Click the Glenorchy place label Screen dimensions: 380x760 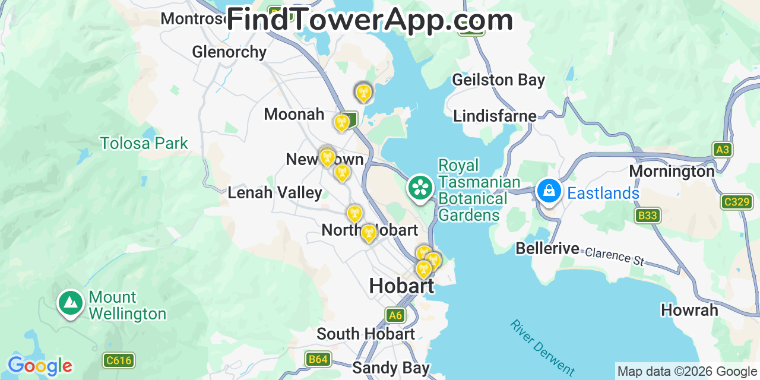point(229,52)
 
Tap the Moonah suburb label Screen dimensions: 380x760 point(294,114)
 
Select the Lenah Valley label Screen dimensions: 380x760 point(275,192)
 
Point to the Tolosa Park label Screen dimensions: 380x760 point(144,143)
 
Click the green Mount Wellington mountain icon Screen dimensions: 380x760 point(71,303)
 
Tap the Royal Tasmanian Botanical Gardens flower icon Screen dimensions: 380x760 point(420,188)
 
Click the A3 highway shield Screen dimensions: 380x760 point(723,150)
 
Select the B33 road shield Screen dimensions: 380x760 point(647,215)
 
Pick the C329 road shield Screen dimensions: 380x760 point(737,202)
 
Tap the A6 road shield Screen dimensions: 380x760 point(395,315)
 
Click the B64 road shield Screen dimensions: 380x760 point(318,359)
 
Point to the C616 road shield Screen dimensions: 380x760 point(119,360)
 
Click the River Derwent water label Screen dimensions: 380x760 point(541,347)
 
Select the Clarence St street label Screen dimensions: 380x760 point(615,256)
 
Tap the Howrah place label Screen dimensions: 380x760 point(689,310)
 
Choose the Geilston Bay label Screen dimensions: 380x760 point(498,80)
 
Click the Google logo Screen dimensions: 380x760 point(40,366)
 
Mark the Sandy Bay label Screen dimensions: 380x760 point(391,368)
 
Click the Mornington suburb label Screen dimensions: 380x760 point(672,171)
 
